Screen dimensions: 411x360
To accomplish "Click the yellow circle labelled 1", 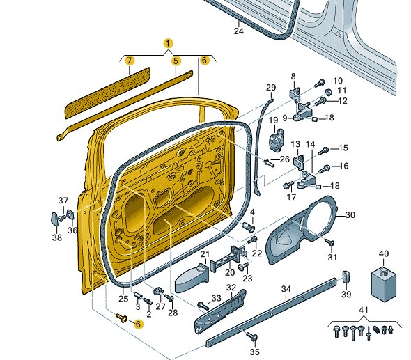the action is [x=168, y=43].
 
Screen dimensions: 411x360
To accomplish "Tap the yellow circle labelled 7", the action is [x=130, y=61].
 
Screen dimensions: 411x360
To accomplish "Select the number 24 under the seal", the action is [x=238, y=31].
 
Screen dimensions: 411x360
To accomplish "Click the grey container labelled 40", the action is [x=383, y=284].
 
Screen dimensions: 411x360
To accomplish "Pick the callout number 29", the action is [x=271, y=88].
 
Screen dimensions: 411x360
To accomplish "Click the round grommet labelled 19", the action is [x=277, y=140].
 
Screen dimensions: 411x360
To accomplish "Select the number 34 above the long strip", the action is [x=286, y=289].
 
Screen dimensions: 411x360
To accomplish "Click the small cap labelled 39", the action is [x=346, y=277].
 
